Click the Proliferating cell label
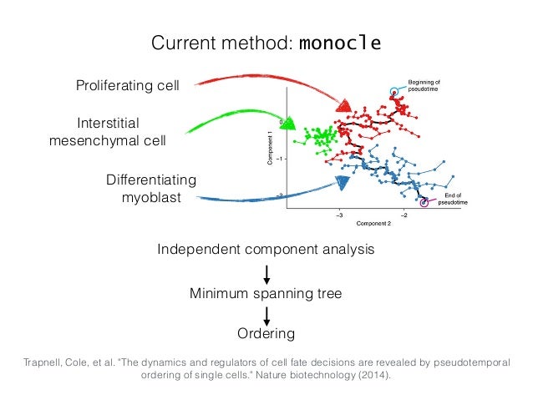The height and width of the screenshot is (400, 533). tap(127, 85)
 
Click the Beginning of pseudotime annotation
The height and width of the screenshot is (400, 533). tap(429, 85)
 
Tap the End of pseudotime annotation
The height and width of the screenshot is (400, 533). tap(455, 199)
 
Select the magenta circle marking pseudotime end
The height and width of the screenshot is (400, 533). tap(425, 201)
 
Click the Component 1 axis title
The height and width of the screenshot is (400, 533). tap(271, 154)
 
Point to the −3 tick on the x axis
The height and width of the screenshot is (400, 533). tap(339, 215)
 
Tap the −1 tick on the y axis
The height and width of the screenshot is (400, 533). tap(281, 159)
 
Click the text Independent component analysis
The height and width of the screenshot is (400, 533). tap(266, 250)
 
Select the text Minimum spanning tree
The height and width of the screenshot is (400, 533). tap(266, 293)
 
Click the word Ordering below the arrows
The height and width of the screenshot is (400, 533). tap(266, 334)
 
